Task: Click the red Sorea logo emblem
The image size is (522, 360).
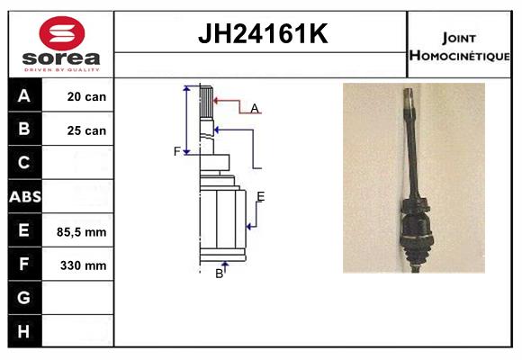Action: [62, 33]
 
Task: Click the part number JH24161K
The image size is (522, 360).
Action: [263, 33]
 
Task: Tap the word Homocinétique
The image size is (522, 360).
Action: [459, 55]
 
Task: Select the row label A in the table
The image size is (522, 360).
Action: [24, 96]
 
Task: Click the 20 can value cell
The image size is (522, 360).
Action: [86, 96]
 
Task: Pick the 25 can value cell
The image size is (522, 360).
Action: [86, 130]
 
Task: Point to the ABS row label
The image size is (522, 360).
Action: [25, 197]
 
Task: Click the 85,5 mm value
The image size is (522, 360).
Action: [82, 232]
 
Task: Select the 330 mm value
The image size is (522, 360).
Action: [83, 265]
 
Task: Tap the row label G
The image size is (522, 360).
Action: [24, 297]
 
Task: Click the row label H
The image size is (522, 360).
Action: [23, 331]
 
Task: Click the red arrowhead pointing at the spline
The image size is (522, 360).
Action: [216, 100]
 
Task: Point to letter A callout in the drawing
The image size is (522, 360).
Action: [255, 109]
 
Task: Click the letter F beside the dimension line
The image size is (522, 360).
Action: [177, 151]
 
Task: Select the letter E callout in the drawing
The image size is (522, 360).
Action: [261, 196]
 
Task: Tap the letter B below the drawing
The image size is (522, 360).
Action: [219, 274]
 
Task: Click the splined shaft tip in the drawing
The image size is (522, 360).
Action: [206, 102]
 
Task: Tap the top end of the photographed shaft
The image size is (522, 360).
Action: [408, 90]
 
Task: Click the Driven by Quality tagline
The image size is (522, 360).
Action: [62, 69]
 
